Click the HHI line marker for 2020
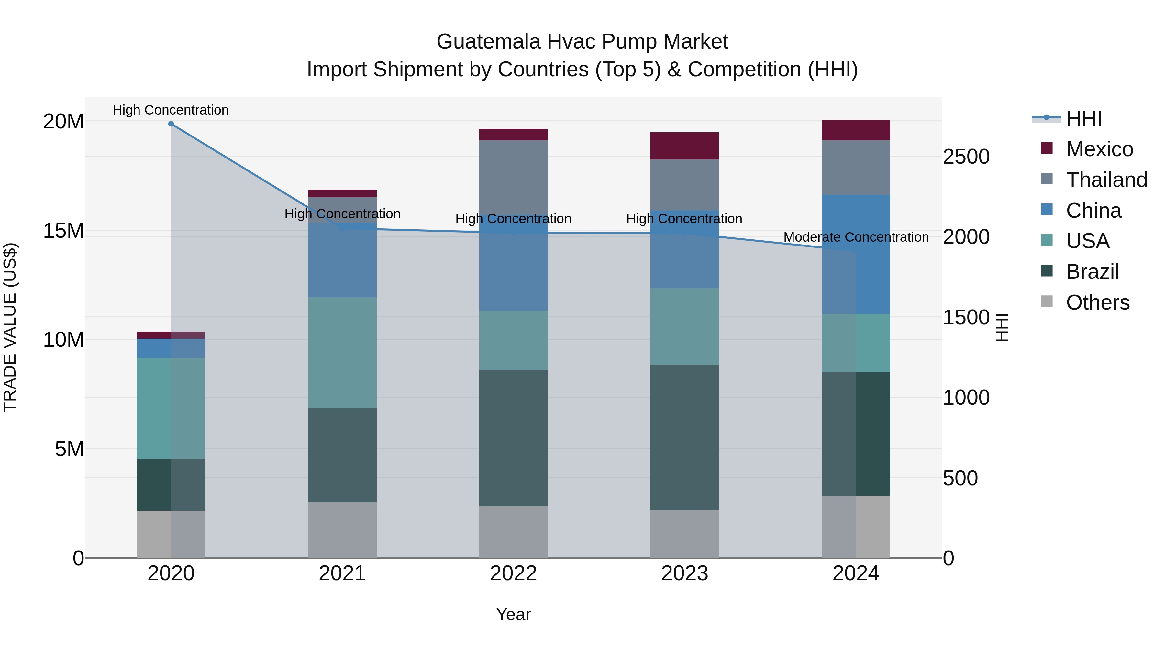point(171,124)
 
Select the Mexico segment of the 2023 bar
point(684,146)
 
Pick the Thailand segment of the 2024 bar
point(856,167)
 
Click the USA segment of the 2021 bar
point(342,352)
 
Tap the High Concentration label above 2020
point(171,110)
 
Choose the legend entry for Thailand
point(1106,180)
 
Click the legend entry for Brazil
point(1092,272)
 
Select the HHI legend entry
point(1083,118)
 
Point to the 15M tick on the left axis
point(63,231)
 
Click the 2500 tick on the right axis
point(966,157)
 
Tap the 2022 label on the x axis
point(513,573)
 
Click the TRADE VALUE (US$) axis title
point(10,327)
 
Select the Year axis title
point(513,614)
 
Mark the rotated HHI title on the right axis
point(1002,327)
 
